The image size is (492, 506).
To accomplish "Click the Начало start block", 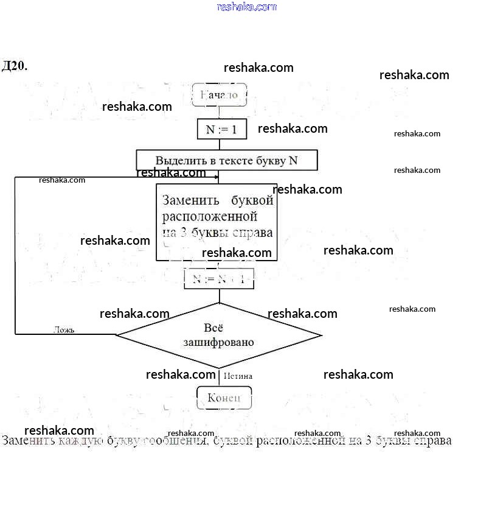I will (x=219, y=95).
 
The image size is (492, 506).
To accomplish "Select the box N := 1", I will (x=221, y=129).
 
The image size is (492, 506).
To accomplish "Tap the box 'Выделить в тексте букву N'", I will (x=226, y=160).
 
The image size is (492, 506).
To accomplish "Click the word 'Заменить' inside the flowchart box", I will (x=187, y=200).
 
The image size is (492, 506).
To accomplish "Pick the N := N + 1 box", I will (x=219, y=279).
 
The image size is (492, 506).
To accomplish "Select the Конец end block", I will (x=224, y=398).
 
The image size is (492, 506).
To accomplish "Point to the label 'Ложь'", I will (x=64, y=330).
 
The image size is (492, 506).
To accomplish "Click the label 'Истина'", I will (x=238, y=376).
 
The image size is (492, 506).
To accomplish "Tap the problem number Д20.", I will (x=15, y=66).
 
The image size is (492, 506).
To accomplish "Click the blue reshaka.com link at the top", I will (x=246, y=7).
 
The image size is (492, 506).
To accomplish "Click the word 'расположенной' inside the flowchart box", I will (x=210, y=216).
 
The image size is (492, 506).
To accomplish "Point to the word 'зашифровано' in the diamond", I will (x=219, y=342).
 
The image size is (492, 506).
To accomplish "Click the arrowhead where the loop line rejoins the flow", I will (x=216, y=177).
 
